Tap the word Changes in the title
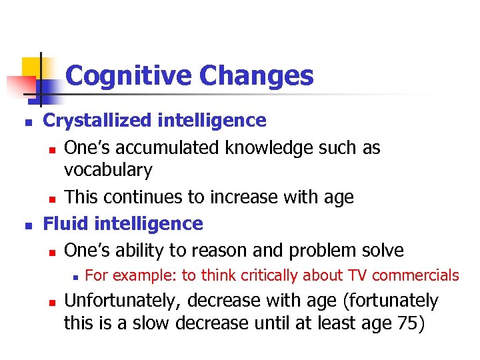click(x=256, y=76)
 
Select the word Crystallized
click(x=97, y=121)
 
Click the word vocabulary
click(x=108, y=171)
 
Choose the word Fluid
click(x=64, y=223)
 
